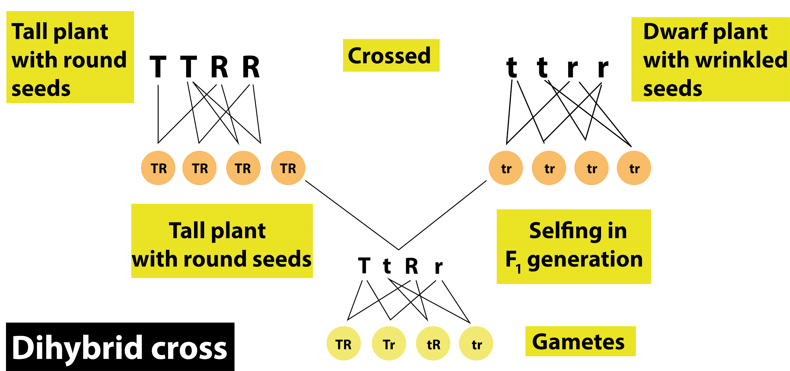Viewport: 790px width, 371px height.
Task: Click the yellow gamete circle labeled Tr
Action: pyautogui.click(x=389, y=343)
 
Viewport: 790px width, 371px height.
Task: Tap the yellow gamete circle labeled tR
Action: pyautogui.click(x=433, y=343)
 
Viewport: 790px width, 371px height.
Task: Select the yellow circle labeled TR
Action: pyautogui.click(x=343, y=343)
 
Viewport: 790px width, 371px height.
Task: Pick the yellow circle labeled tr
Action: pyautogui.click(x=476, y=343)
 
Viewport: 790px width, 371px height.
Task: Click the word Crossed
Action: pyautogui.click(x=389, y=56)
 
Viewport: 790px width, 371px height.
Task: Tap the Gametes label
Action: pyautogui.click(x=578, y=342)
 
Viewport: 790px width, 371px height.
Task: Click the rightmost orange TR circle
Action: pyautogui.click(x=288, y=168)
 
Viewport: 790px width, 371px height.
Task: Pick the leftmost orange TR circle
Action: pyautogui.click(x=158, y=168)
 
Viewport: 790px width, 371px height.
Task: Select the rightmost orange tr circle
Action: pyautogui.click(x=634, y=168)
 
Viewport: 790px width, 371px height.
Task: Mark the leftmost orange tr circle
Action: pyautogui.click(x=506, y=168)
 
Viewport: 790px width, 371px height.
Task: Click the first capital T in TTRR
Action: pyautogui.click(x=158, y=67)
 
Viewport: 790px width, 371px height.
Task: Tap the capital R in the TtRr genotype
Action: pyautogui.click(x=412, y=266)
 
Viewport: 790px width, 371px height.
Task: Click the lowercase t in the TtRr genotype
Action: pyautogui.click(x=387, y=266)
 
